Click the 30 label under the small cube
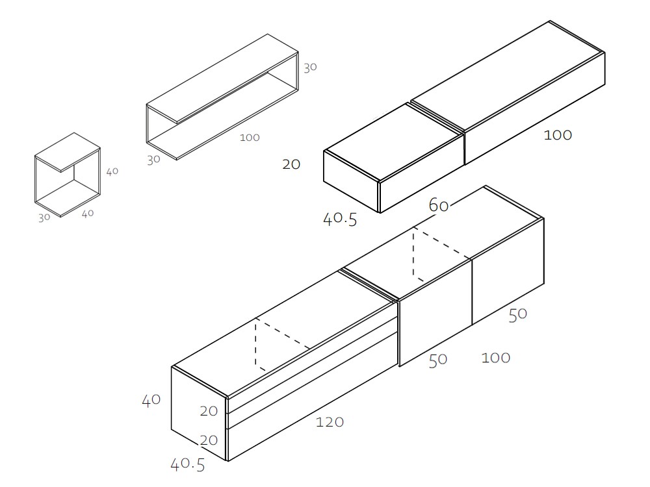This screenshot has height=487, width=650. [44, 218]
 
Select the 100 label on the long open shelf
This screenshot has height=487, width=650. [250, 138]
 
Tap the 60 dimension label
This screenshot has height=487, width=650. [439, 206]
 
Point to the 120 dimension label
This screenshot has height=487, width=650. [330, 422]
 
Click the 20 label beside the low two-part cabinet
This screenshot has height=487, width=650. [291, 164]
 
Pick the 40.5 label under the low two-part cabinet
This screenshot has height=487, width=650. [340, 219]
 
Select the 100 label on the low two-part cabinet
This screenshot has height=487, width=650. [558, 135]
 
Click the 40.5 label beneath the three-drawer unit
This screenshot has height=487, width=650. [187, 464]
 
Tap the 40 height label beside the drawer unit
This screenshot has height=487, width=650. [151, 400]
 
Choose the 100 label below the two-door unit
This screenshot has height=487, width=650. [496, 357]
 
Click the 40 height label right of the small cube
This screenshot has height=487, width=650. [112, 171]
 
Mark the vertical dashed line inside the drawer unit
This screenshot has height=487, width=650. [255, 344]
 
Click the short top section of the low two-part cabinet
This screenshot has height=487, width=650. [393, 139]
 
